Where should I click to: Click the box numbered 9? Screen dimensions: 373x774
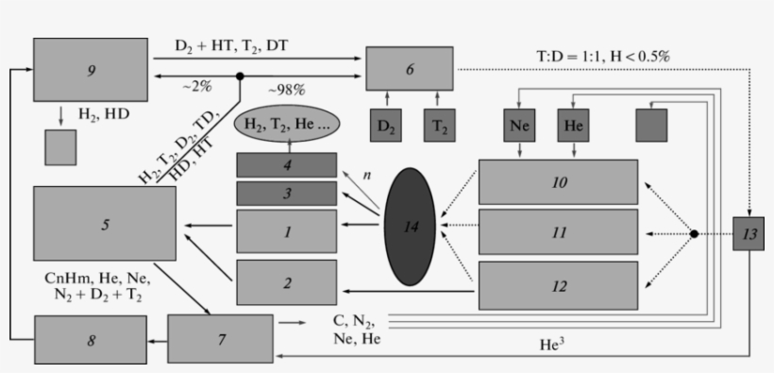point(91,69)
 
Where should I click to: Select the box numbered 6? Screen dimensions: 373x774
point(409,69)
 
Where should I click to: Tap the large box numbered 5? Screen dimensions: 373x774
point(104,223)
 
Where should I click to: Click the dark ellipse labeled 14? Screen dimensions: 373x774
point(409,226)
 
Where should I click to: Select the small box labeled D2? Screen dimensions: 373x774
point(386,126)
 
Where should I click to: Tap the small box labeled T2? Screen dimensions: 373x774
point(439,126)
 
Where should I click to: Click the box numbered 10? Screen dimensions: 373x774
point(558,182)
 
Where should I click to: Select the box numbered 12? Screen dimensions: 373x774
point(558,285)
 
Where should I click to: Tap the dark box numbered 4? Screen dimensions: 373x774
point(286,164)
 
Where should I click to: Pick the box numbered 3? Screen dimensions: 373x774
point(286,194)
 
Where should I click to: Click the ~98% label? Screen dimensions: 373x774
point(284,89)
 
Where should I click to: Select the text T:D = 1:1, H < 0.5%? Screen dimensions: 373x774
point(597,56)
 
